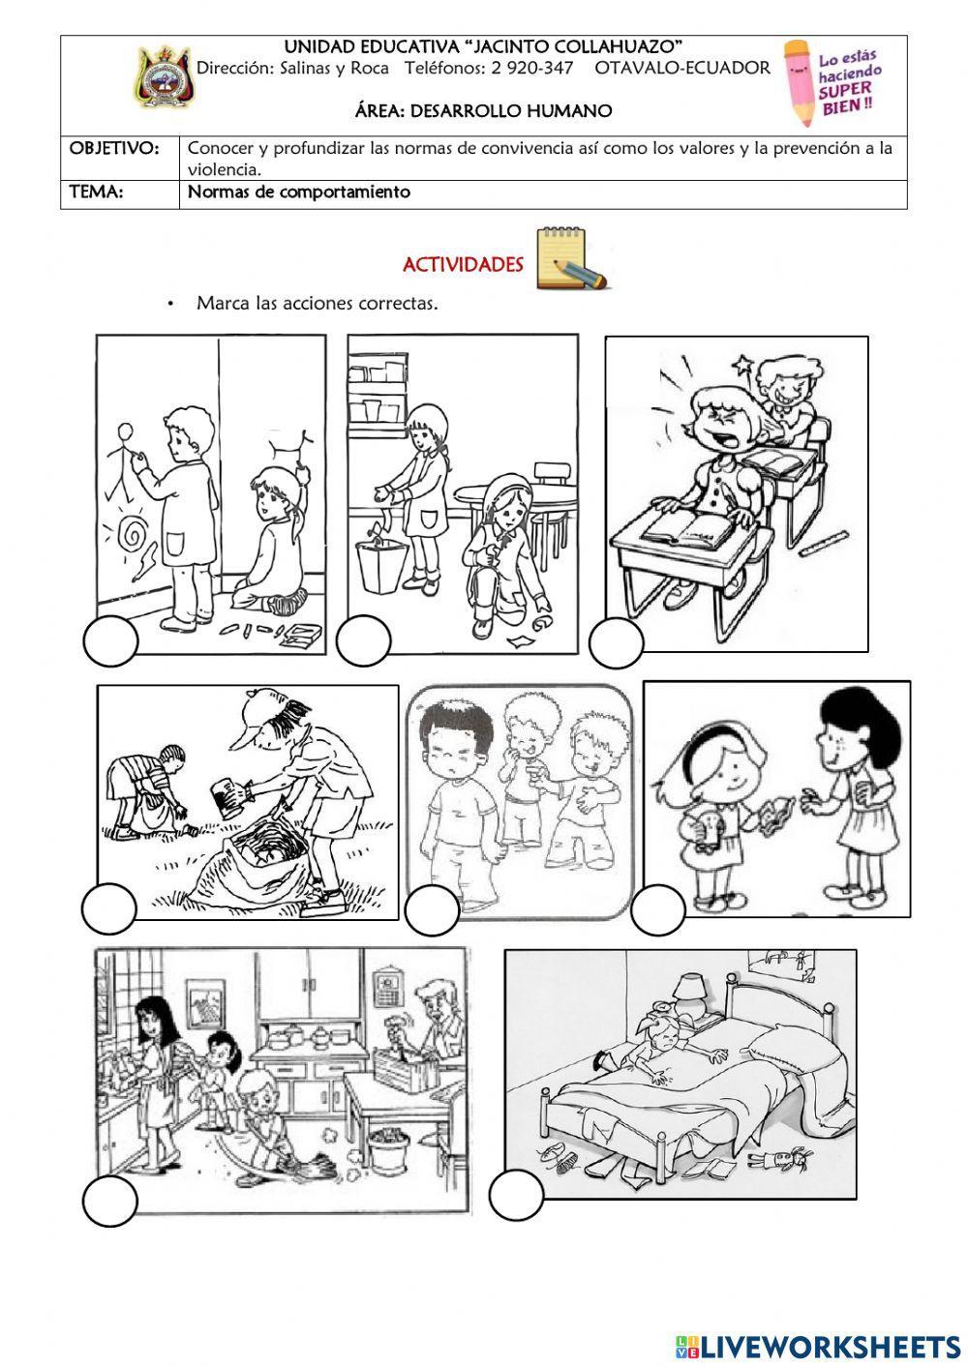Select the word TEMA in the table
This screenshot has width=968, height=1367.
click(x=96, y=192)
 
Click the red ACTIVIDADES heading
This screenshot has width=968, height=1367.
click(x=463, y=265)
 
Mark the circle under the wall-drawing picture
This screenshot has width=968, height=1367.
click(x=110, y=641)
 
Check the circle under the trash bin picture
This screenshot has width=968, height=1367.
click(x=364, y=641)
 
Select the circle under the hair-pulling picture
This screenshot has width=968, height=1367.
click(x=616, y=643)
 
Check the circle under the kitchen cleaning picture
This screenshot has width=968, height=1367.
click(x=109, y=1204)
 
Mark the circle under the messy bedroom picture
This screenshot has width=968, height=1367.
click(x=517, y=1195)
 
